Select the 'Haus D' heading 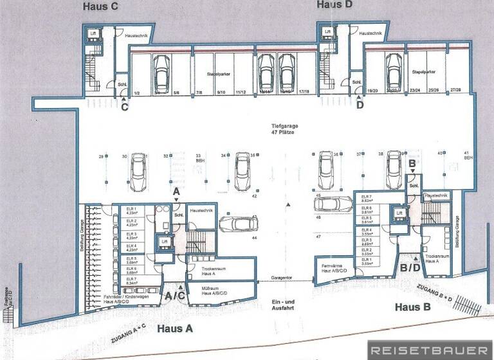(x=334, y=5)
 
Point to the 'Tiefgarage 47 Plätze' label (x=282, y=129)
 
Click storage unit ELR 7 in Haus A (x=132, y=280)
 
